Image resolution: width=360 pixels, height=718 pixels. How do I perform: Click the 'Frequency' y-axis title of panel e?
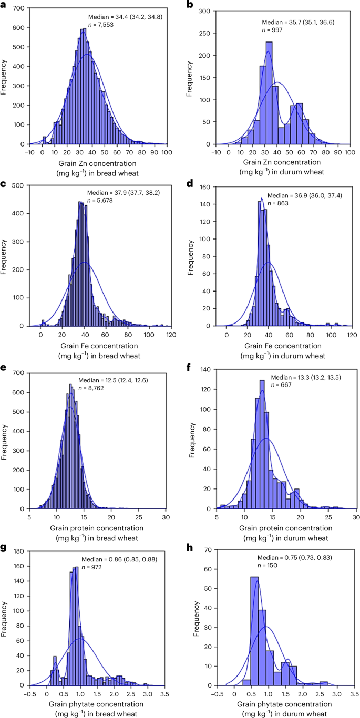pyautogui.click(x=5, y=438)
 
